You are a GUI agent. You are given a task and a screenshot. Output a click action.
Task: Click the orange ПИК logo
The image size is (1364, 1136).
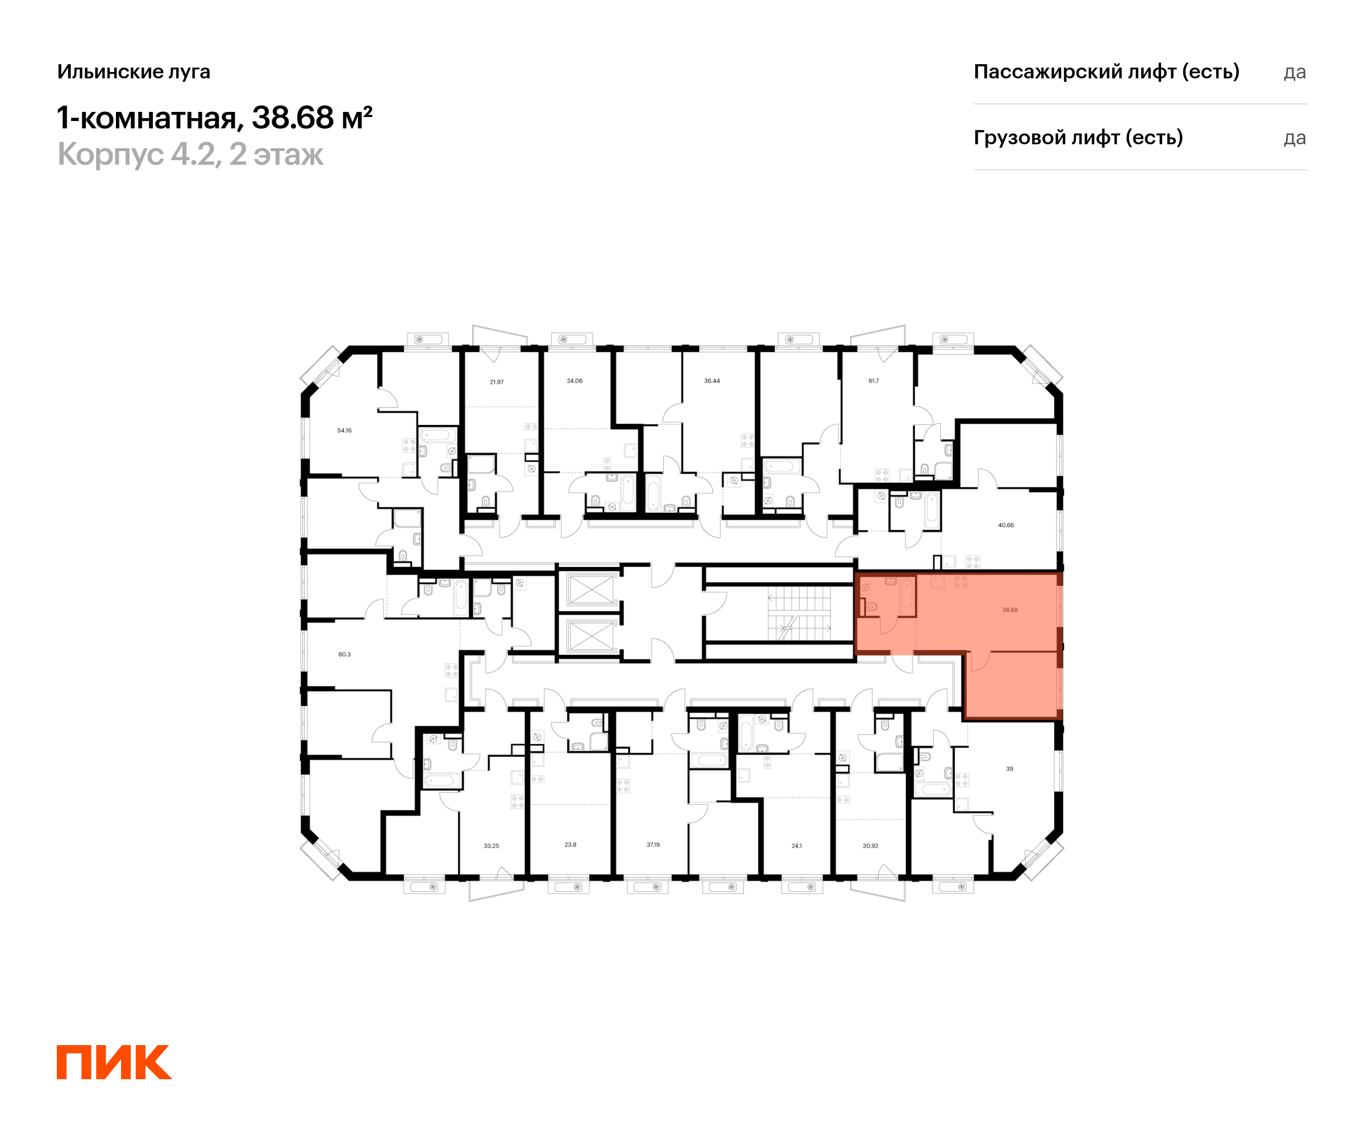(x=114, y=1063)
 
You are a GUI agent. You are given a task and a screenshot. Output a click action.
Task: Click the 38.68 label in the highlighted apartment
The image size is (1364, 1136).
(x=1010, y=610)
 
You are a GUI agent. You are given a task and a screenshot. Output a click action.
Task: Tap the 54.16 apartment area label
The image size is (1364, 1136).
(x=344, y=431)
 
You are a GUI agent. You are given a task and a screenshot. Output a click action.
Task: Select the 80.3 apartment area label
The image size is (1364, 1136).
(x=344, y=654)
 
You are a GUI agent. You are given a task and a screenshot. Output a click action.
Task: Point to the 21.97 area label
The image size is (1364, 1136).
(x=497, y=382)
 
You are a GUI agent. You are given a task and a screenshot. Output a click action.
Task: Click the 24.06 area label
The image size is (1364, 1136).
(x=575, y=381)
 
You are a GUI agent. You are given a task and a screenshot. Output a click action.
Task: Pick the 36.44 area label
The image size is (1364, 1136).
(x=712, y=381)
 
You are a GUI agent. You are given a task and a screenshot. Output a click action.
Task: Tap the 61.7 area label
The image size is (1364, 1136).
(x=874, y=381)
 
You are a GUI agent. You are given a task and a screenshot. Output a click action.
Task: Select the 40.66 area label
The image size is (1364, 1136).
(x=1006, y=525)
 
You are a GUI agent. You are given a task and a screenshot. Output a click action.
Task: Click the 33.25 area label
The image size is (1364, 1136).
(x=492, y=846)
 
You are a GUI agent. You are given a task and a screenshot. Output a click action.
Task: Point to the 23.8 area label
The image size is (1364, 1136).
(x=570, y=845)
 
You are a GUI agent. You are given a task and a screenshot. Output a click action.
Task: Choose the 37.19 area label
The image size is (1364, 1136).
(x=654, y=845)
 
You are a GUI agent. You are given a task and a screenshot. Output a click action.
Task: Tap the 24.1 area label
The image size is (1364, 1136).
(x=797, y=846)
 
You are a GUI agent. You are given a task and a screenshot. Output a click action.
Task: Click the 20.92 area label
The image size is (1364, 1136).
(x=870, y=846)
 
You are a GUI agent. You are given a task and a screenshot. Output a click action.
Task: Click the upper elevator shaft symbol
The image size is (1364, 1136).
(x=590, y=590)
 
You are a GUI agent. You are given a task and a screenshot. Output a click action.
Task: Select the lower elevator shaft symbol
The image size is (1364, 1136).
(x=590, y=636)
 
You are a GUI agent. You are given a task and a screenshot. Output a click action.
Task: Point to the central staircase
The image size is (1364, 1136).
(x=800, y=613)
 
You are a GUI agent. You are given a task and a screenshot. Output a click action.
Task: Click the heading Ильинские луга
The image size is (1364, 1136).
(x=134, y=72)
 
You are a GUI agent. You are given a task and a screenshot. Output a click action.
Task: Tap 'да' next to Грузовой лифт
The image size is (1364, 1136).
(x=1295, y=138)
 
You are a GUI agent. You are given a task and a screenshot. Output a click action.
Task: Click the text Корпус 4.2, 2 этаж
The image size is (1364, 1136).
(x=190, y=154)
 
